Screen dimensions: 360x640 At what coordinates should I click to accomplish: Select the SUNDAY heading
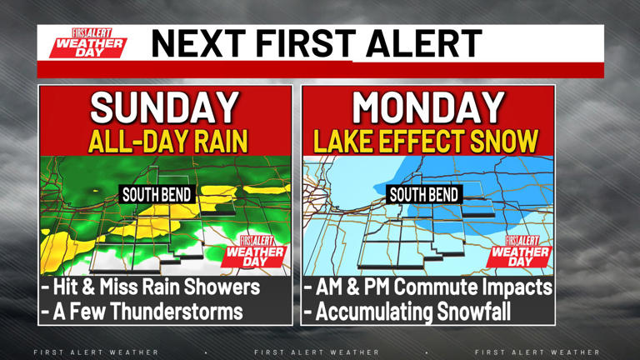click(x=164, y=107)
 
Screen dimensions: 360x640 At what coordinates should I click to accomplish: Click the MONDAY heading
click(x=428, y=107)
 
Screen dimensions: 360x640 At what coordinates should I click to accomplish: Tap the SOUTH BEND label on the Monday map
click(x=424, y=195)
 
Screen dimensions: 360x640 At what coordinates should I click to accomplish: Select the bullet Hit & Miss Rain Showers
click(x=152, y=287)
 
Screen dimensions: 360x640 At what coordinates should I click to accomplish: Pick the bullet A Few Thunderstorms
click(x=143, y=312)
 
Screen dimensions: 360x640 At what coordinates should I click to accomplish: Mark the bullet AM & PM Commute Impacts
click(x=427, y=287)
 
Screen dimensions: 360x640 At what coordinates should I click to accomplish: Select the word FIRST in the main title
click(x=305, y=43)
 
